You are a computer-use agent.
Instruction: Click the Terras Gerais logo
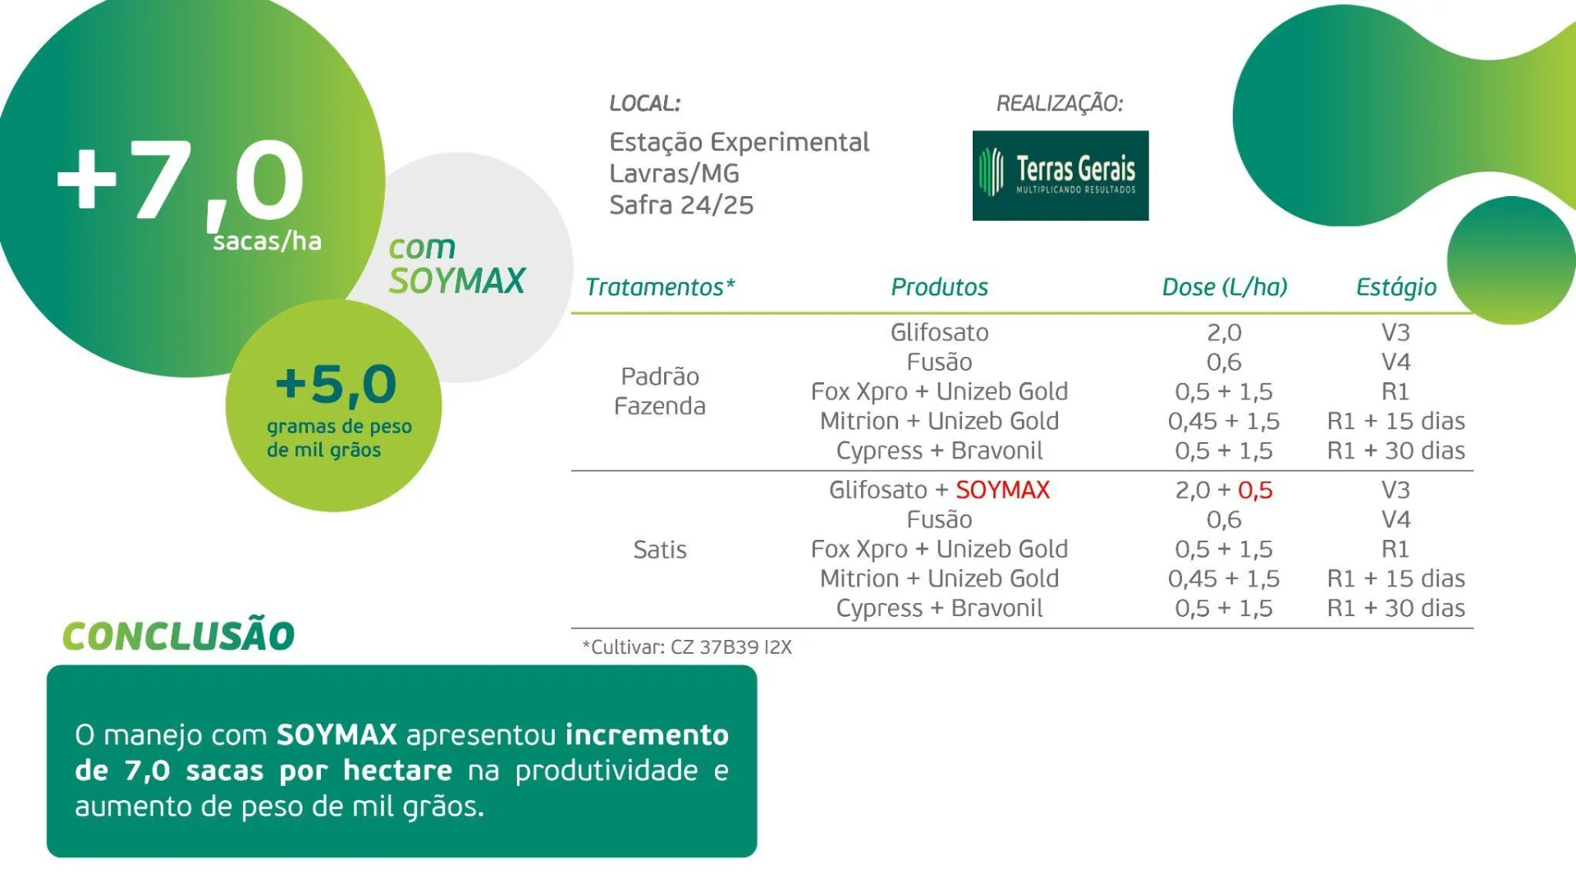[x=1060, y=176]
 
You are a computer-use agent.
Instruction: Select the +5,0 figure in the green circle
[x=336, y=384]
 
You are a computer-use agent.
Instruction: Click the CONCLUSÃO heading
[x=178, y=636]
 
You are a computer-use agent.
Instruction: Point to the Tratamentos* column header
[x=660, y=287]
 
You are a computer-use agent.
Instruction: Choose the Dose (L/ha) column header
[x=1224, y=287]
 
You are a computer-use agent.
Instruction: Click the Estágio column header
[x=1395, y=287]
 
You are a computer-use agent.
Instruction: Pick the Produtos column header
[x=939, y=287]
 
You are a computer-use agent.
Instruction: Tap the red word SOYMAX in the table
[x=1002, y=490]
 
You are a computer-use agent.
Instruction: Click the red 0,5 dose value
[x=1255, y=490]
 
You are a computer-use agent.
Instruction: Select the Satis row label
[x=659, y=550]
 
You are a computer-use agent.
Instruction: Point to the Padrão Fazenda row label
[x=659, y=391]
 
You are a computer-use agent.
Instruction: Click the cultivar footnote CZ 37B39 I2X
[x=731, y=647]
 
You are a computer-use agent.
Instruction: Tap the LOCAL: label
[x=644, y=104]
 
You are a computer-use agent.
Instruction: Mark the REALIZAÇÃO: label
[x=1059, y=104]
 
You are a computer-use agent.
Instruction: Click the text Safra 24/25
[x=680, y=205]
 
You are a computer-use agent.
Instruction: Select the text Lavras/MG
[x=674, y=174]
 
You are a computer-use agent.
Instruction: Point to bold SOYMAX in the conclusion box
[x=337, y=734]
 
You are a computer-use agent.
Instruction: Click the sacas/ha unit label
[x=267, y=241]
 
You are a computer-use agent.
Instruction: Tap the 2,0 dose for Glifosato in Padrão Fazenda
[x=1224, y=332]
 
